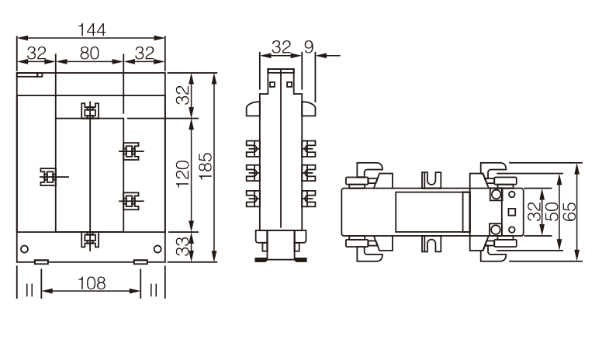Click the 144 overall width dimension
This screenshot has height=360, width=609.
click(x=92, y=30)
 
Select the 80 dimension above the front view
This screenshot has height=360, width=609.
click(x=89, y=54)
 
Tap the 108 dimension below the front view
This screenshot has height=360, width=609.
click(x=92, y=283)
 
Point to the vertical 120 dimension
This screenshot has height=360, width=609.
click(x=183, y=174)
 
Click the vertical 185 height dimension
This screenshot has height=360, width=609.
click(x=206, y=166)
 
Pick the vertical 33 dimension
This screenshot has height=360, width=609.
click(x=183, y=247)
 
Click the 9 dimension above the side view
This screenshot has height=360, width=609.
click(x=309, y=47)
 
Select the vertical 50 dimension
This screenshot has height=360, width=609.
click(x=551, y=212)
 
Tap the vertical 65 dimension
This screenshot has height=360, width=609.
click(x=569, y=212)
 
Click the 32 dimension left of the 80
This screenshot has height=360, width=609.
click(x=37, y=54)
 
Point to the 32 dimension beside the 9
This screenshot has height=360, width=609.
click(x=282, y=47)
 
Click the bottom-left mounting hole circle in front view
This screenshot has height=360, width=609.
click(x=24, y=249)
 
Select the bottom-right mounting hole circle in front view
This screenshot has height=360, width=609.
click(x=157, y=249)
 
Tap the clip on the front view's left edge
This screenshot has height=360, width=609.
click(x=48, y=177)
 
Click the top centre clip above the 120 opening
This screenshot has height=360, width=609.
click(x=90, y=111)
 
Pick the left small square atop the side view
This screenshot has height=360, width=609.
click(x=272, y=85)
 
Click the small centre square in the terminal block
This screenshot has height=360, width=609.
click(x=512, y=212)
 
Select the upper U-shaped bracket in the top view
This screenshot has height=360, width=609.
click(x=431, y=179)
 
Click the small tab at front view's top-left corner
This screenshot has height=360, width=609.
click(x=29, y=75)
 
